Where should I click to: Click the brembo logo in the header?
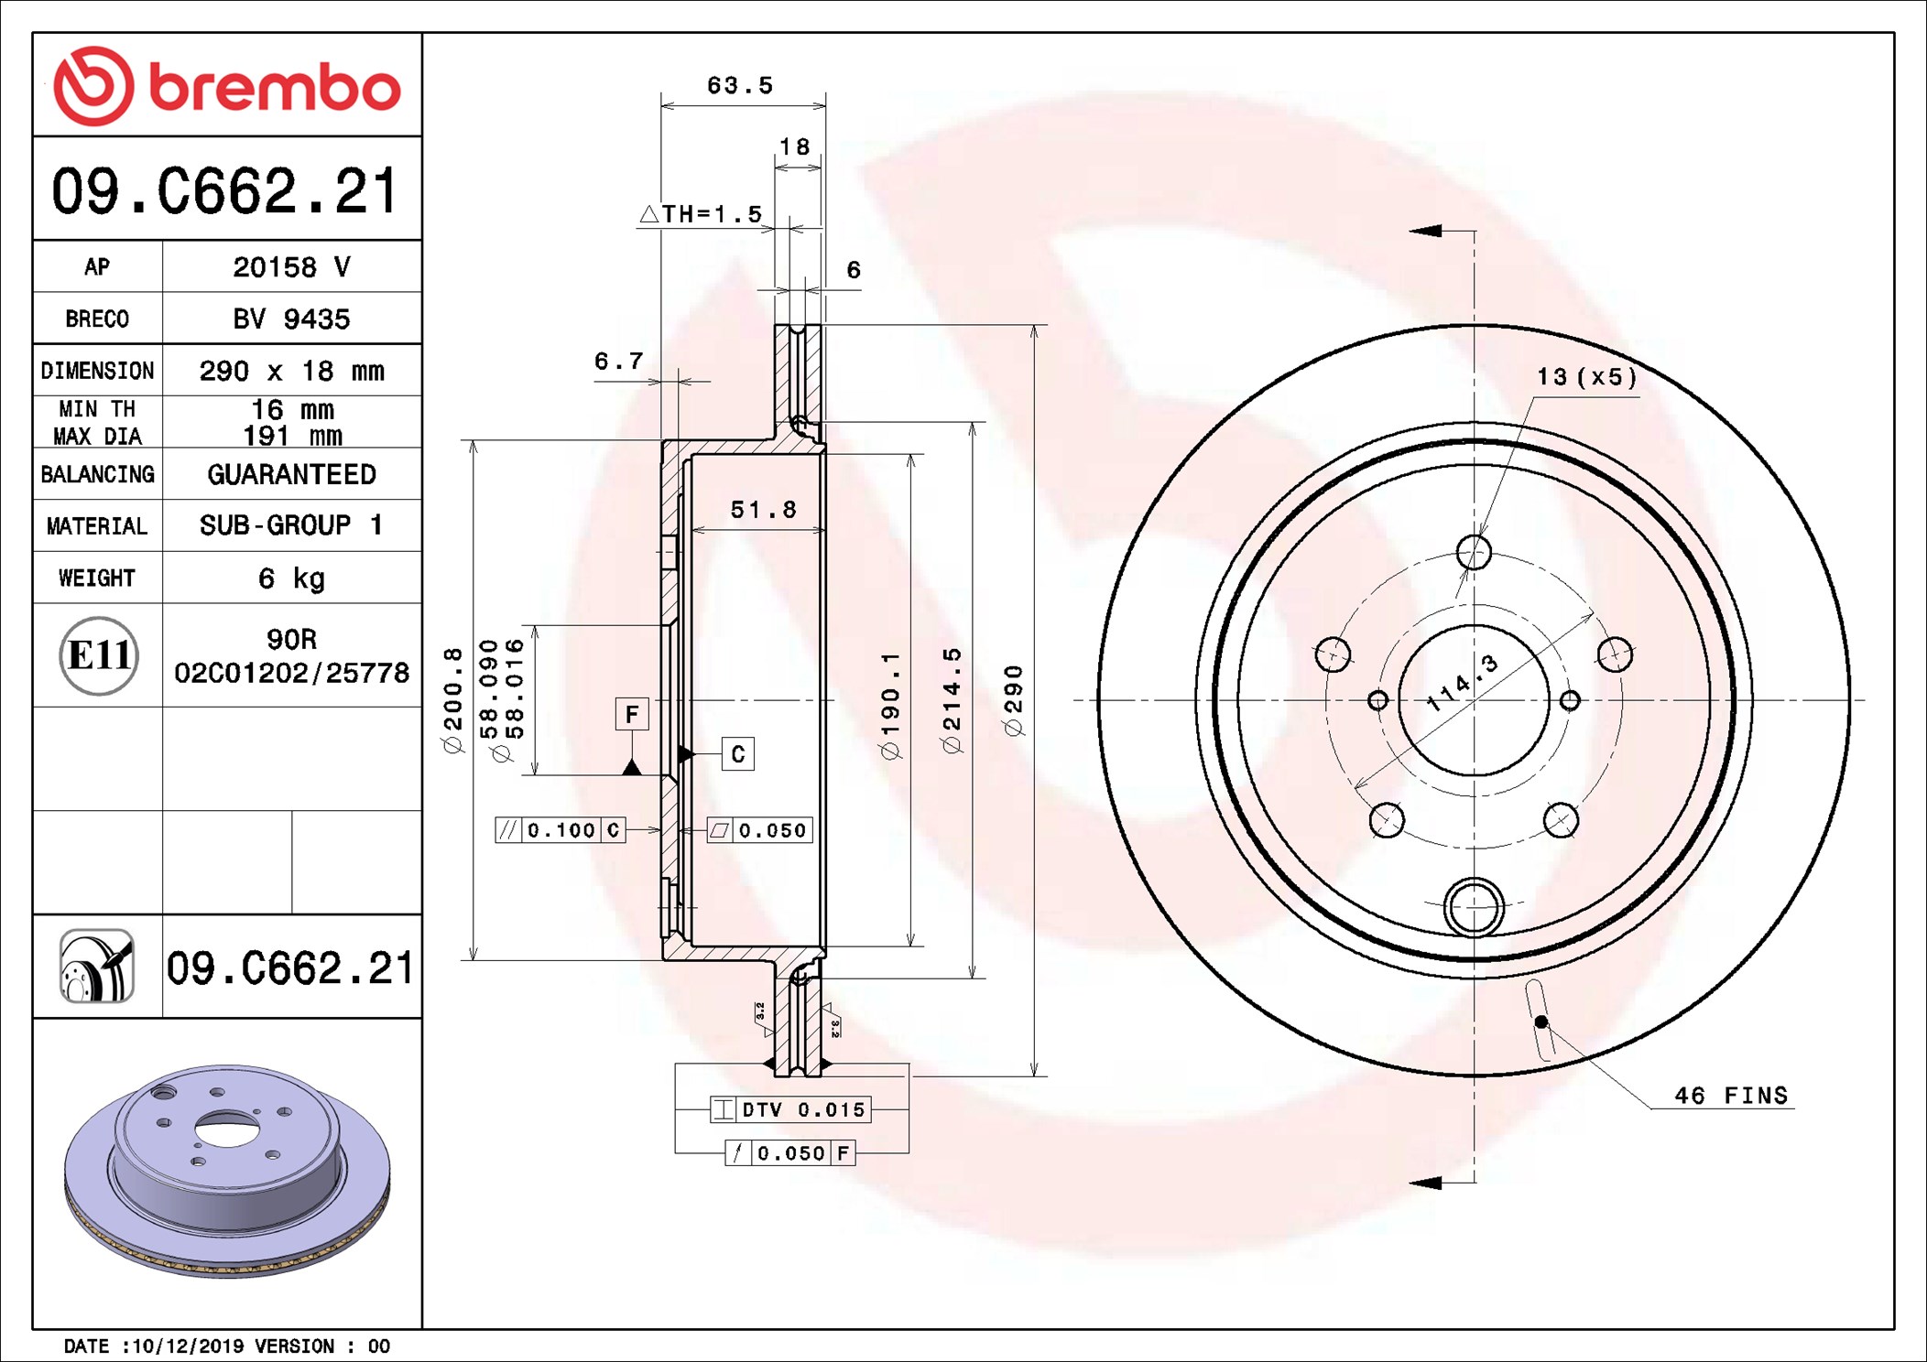[227, 86]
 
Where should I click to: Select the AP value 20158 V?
[291, 267]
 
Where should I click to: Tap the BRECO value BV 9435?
[291, 319]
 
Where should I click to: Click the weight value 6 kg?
[291, 578]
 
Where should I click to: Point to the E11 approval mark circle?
[99, 655]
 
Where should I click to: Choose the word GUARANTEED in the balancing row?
[291, 474]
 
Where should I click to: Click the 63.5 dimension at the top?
[740, 86]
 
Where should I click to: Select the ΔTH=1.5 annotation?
[702, 214]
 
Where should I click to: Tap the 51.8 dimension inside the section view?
[763, 510]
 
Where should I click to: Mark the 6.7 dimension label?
[619, 362]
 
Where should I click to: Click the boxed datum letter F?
[632, 714]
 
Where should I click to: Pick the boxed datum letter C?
[738, 754]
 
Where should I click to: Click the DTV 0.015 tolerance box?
[791, 1110]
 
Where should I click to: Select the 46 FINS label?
[1730, 1096]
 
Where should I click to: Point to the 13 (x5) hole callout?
[1586, 377]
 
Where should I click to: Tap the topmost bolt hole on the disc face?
[1474, 552]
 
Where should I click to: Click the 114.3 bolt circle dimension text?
[1463, 683]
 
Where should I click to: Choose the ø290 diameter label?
[1012, 700]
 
